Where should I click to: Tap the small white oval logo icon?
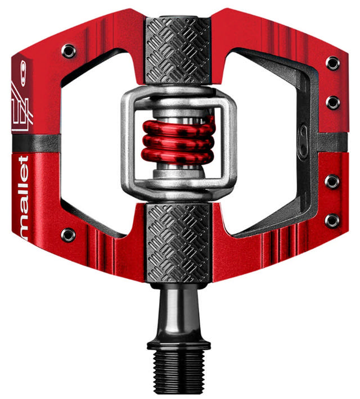pyautogui.click(x=23, y=72)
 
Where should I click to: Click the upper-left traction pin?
pyautogui.click(x=69, y=51)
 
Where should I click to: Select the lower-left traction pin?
pyautogui.click(x=68, y=234)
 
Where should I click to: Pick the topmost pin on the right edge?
pyautogui.click(x=333, y=62)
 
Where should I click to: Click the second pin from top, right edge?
pyautogui.click(x=333, y=102)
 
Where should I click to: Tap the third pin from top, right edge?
pyautogui.click(x=333, y=182)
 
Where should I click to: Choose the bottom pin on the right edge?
pyautogui.click(x=333, y=220)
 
